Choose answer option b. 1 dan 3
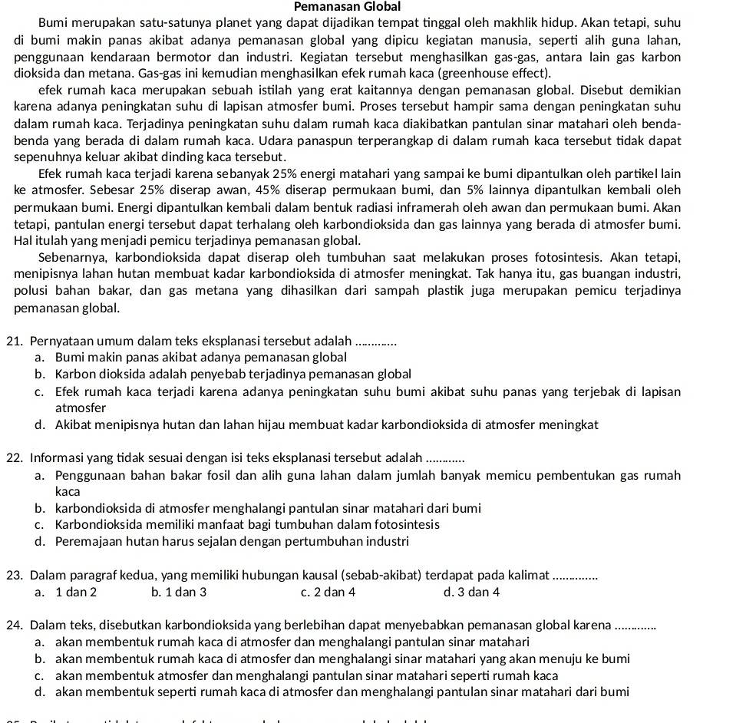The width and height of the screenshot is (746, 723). tap(180, 592)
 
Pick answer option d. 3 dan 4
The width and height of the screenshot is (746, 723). tap(472, 592)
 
